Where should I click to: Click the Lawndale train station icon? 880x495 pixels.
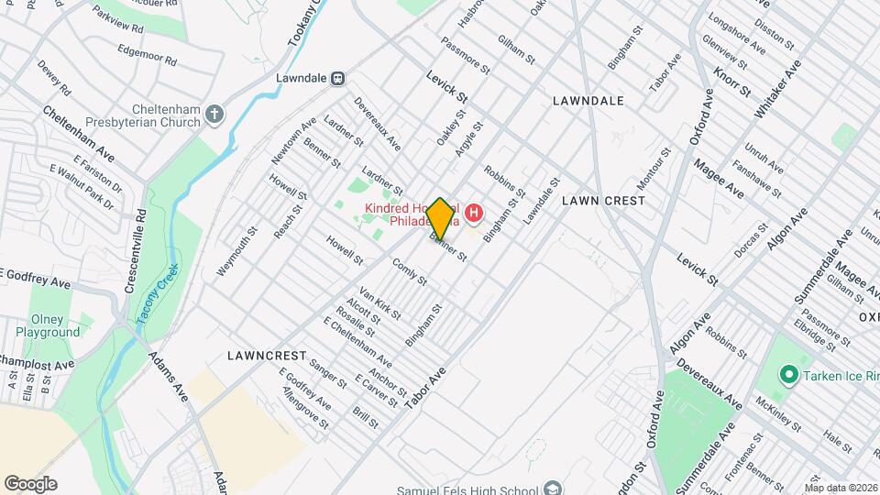pyautogui.click(x=338, y=78)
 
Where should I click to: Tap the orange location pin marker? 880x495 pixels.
pyautogui.click(x=441, y=219)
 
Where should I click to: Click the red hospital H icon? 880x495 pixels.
pyautogui.click(x=474, y=214)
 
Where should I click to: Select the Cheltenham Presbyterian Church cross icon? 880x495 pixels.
pyautogui.click(x=214, y=115)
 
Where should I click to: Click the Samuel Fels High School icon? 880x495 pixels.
pyautogui.click(x=551, y=487)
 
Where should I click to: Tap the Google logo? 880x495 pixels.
pyautogui.click(x=30, y=484)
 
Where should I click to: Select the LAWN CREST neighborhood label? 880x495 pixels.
pyautogui.click(x=597, y=199)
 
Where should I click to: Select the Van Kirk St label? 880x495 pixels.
pyautogui.click(x=380, y=302)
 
